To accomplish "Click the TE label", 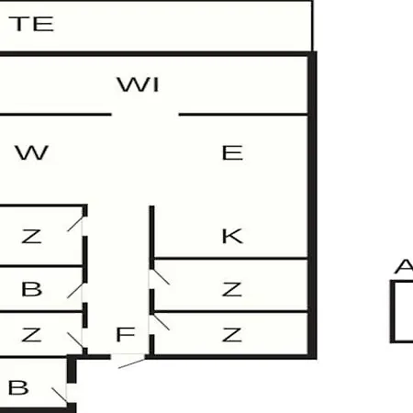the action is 31,24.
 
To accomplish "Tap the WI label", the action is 138,84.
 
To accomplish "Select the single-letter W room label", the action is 32,152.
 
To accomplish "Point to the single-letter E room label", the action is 232,152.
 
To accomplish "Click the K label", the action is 232,236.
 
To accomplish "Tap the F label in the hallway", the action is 126,334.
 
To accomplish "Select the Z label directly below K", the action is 232,289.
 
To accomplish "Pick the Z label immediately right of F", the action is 232,335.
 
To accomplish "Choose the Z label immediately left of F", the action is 31,335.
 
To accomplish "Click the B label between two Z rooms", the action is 31,289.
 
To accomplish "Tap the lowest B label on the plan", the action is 18,387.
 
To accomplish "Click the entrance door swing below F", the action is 131,363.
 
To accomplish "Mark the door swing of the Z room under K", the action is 160,277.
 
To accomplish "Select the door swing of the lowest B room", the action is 60,396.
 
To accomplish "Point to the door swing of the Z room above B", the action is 75,224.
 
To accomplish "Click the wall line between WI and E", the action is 243,115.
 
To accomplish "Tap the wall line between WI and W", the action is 56,115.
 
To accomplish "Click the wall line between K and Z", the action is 230,259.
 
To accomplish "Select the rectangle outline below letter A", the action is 392,311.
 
